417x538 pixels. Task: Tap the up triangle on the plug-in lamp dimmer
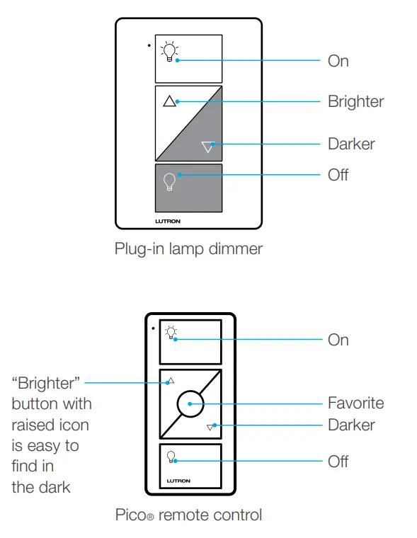coord(168,101)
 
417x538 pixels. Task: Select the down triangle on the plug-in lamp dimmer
coord(207,147)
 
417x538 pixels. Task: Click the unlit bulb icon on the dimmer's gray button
coord(169,182)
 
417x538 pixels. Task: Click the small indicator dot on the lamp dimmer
coord(149,45)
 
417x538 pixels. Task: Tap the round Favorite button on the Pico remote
coord(190,406)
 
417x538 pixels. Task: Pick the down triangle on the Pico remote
coord(210,428)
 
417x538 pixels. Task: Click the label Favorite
coord(355,403)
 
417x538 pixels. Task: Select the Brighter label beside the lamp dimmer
coord(355,102)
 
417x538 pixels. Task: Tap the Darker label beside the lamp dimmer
coord(351,144)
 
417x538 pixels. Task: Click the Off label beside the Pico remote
coord(338,462)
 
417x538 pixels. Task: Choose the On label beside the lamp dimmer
coord(338,62)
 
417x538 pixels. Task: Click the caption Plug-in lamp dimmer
coord(188,249)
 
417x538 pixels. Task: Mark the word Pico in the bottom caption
coord(131,515)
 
